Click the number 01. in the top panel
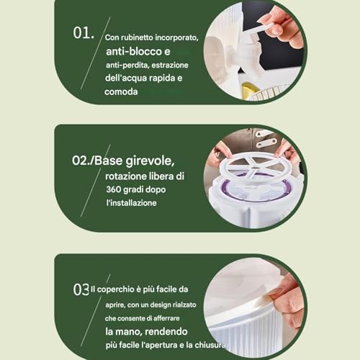pos(84,34)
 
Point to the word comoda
pos(121,91)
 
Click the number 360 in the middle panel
pos(115,189)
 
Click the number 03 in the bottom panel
pos(81,289)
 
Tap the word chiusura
pos(210,346)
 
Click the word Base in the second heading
pos(110,159)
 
